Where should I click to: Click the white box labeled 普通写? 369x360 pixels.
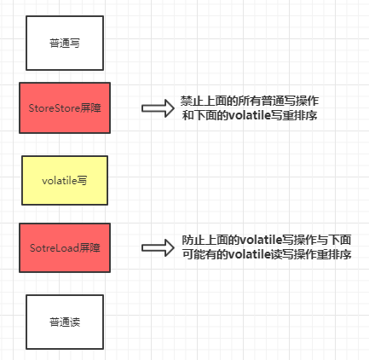(65, 40)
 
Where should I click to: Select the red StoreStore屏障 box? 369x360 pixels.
(65, 108)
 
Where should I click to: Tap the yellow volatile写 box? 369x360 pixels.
(65, 180)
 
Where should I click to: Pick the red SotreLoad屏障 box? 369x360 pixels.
(65, 248)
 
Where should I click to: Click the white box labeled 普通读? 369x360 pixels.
(65, 322)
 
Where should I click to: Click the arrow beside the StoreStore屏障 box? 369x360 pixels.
(157, 108)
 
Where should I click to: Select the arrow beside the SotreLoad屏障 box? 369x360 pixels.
(157, 249)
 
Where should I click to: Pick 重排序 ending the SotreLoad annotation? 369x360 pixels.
(334, 255)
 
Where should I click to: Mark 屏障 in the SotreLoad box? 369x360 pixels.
(90, 248)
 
